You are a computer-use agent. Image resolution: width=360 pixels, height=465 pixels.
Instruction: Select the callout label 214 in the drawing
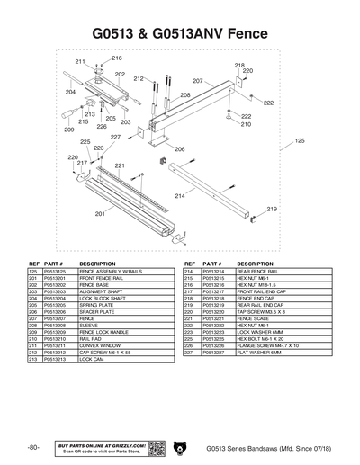pos(180,195)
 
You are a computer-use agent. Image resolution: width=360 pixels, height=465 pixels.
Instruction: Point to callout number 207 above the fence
pos(197,81)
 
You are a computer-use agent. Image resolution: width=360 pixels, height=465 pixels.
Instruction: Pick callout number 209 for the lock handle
pos(67,130)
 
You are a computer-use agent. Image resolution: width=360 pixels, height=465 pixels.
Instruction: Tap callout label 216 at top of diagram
pos(117,58)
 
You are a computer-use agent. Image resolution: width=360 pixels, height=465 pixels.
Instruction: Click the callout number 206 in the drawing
pos(179,148)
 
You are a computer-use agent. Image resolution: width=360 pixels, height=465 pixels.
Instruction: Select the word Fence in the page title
pos(229,32)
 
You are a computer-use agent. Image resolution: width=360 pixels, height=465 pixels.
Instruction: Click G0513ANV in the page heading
pos(165,32)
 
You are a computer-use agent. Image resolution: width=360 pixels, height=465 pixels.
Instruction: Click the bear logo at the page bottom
pos(178,447)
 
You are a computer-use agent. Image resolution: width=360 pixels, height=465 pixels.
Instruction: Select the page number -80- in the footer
pos(33,447)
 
